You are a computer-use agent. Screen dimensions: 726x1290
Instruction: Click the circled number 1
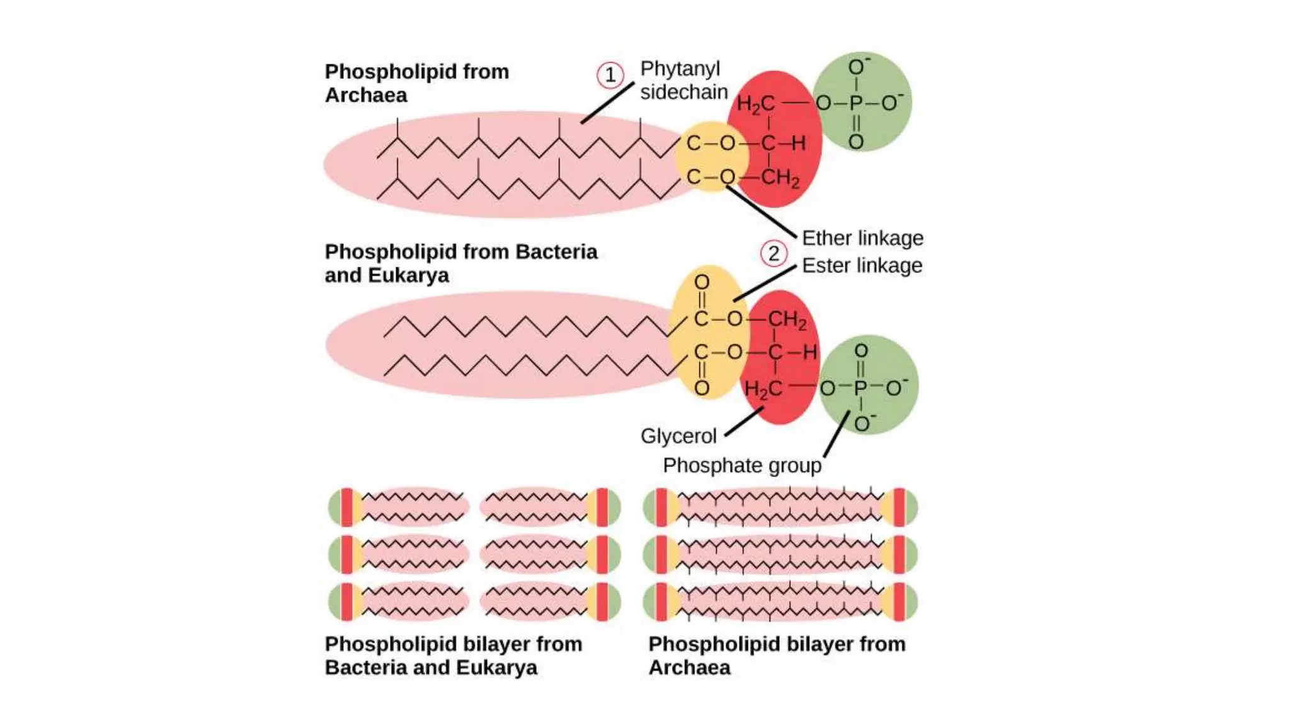tap(610, 76)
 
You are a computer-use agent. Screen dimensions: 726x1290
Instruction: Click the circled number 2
tap(773, 253)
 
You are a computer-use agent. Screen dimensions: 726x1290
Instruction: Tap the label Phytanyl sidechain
tap(683, 80)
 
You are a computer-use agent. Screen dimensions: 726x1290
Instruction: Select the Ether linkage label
tap(862, 238)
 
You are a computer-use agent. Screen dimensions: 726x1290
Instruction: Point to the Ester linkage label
tap(862, 265)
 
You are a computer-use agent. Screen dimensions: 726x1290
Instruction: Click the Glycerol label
tap(678, 436)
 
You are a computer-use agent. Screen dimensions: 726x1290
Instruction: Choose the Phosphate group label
tap(742, 466)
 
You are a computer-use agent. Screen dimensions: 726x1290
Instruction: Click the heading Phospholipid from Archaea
tap(416, 83)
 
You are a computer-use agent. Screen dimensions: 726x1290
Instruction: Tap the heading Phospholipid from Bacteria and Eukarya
tap(460, 263)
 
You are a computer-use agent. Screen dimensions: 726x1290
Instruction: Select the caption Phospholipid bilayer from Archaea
tap(777, 655)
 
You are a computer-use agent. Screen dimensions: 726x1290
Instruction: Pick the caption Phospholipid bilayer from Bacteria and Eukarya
tap(453, 655)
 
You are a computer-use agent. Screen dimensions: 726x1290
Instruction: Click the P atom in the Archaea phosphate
tap(855, 103)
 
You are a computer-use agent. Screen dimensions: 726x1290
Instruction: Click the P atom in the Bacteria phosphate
tap(860, 388)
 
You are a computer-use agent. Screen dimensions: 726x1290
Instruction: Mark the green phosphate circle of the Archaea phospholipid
tap(882, 76)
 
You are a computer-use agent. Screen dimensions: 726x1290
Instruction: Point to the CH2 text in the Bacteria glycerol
tap(787, 320)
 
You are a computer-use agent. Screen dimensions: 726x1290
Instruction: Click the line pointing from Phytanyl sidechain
tap(607, 103)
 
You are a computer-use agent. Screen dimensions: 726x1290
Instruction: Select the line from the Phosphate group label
tap(836, 434)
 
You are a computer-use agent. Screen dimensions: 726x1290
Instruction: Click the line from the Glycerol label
tap(745, 422)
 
